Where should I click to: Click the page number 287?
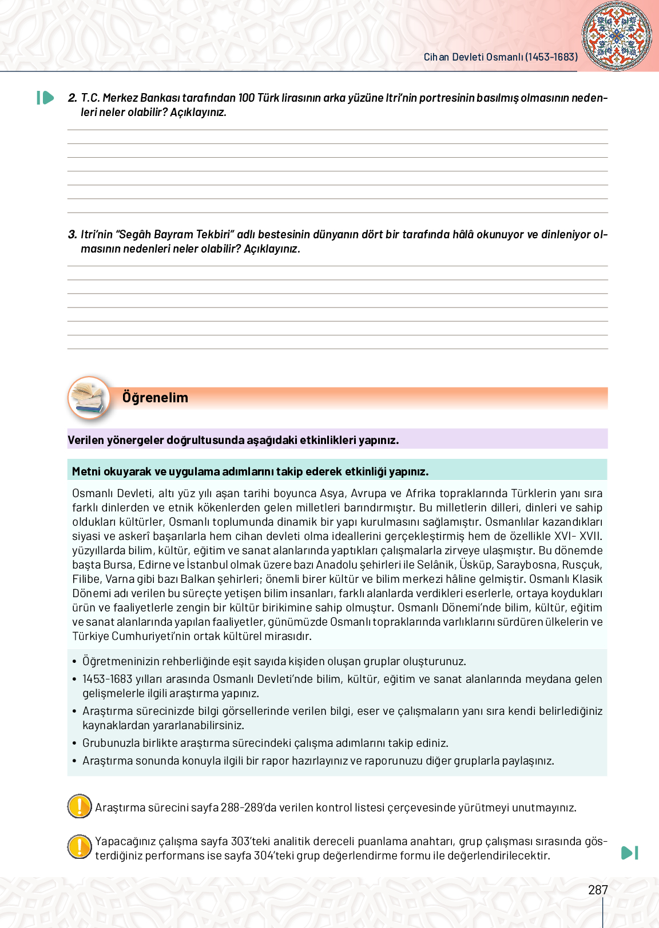(x=598, y=890)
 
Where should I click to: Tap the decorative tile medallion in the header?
(x=617, y=35)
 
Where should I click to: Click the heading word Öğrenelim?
(x=155, y=398)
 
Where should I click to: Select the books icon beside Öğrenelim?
(x=89, y=397)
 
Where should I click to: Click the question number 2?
(x=72, y=98)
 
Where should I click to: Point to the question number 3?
(x=72, y=234)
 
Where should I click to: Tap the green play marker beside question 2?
(x=45, y=98)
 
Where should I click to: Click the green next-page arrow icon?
(x=629, y=853)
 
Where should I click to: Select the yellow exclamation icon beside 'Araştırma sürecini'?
(x=80, y=806)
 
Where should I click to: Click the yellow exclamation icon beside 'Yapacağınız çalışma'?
(x=80, y=846)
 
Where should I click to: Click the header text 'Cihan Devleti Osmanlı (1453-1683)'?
(x=501, y=57)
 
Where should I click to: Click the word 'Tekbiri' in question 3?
(x=215, y=234)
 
